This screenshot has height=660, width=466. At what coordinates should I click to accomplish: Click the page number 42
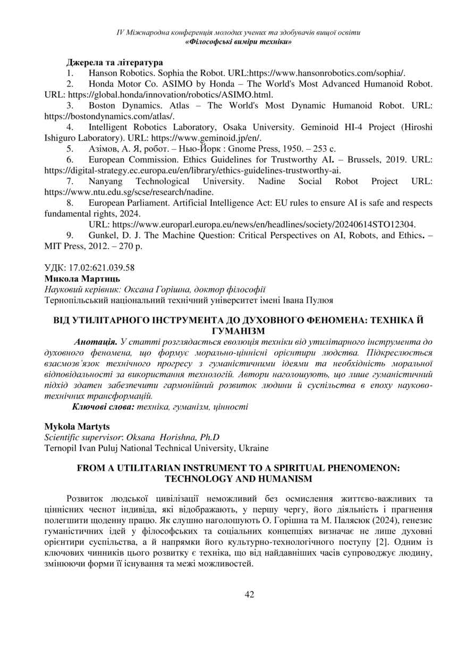pyautogui.click(x=249, y=595)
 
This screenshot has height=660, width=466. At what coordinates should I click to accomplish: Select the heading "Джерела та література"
pyautogui.click(x=114, y=62)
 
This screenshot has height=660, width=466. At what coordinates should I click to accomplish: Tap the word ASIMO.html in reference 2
pyautogui.click(x=249, y=95)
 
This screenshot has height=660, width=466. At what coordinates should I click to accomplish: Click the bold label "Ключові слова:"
pyautogui.click(x=104, y=407)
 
